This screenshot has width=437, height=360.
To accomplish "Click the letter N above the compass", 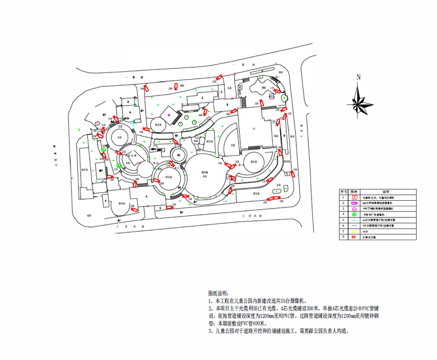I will [359, 76].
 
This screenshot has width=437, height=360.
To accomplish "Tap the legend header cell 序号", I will [343, 192].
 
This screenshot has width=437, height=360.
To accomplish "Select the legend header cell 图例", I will [355, 192].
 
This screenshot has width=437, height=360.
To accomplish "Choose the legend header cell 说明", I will [386, 192].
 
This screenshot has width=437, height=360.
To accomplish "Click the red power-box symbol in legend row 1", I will [355, 197].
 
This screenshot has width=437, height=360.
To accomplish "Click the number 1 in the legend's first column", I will [343, 197].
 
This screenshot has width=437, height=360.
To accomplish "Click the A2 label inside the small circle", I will [179, 154].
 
